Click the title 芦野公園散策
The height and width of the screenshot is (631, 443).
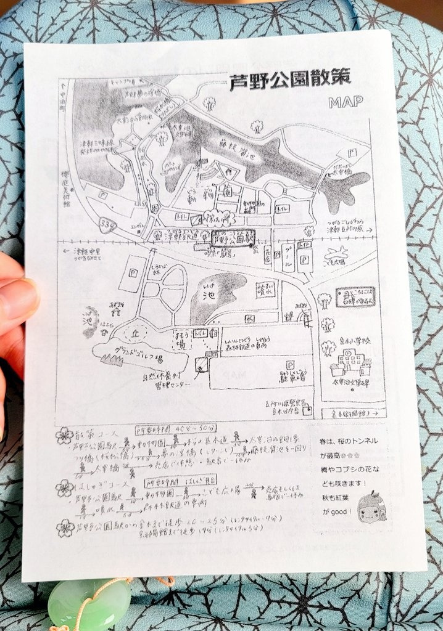tap(289, 80)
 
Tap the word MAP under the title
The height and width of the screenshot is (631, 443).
tap(346, 102)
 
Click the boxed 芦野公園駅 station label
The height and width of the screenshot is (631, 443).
tap(232, 237)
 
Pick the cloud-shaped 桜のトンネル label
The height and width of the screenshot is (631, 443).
tap(220, 218)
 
